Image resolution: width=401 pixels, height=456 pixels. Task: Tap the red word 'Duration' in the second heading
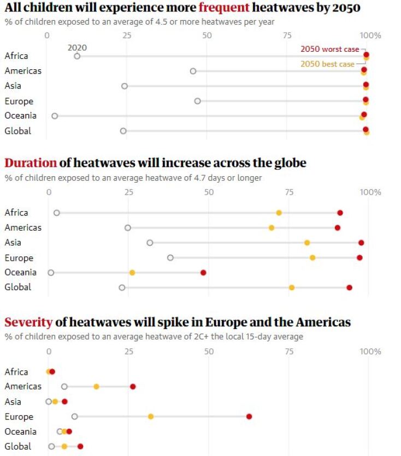(x=31, y=163)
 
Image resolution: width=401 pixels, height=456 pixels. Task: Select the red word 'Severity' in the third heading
(x=28, y=322)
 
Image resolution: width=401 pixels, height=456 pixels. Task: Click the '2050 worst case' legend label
(x=329, y=49)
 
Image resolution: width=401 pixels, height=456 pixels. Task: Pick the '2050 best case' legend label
(x=327, y=64)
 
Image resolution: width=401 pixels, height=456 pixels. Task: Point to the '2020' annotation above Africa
(x=77, y=47)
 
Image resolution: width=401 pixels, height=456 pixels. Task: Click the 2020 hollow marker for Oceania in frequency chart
(x=55, y=116)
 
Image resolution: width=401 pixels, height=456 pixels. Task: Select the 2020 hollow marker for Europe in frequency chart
(x=197, y=101)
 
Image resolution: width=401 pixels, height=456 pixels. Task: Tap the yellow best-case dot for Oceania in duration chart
(x=132, y=272)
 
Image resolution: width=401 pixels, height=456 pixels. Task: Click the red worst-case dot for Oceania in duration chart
(x=203, y=272)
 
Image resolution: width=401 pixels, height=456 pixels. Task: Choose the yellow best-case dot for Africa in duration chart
(x=279, y=213)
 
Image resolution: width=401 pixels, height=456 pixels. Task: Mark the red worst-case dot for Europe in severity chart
(x=249, y=416)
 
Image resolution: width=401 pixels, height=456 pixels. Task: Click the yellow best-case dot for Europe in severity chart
(x=151, y=416)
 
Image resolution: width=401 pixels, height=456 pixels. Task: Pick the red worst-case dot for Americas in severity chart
(x=133, y=386)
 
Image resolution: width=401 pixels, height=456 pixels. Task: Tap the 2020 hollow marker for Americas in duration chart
(x=128, y=227)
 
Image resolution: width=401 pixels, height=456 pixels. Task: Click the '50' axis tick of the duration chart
(x=209, y=192)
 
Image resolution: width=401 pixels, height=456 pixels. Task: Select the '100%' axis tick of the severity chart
(x=370, y=351)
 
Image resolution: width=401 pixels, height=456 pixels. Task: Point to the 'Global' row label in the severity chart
(x=18, y=446)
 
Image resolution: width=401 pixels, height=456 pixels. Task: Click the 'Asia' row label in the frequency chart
(x=13, y=86)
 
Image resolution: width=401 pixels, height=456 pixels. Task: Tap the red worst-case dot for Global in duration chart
(x=349, y=287)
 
